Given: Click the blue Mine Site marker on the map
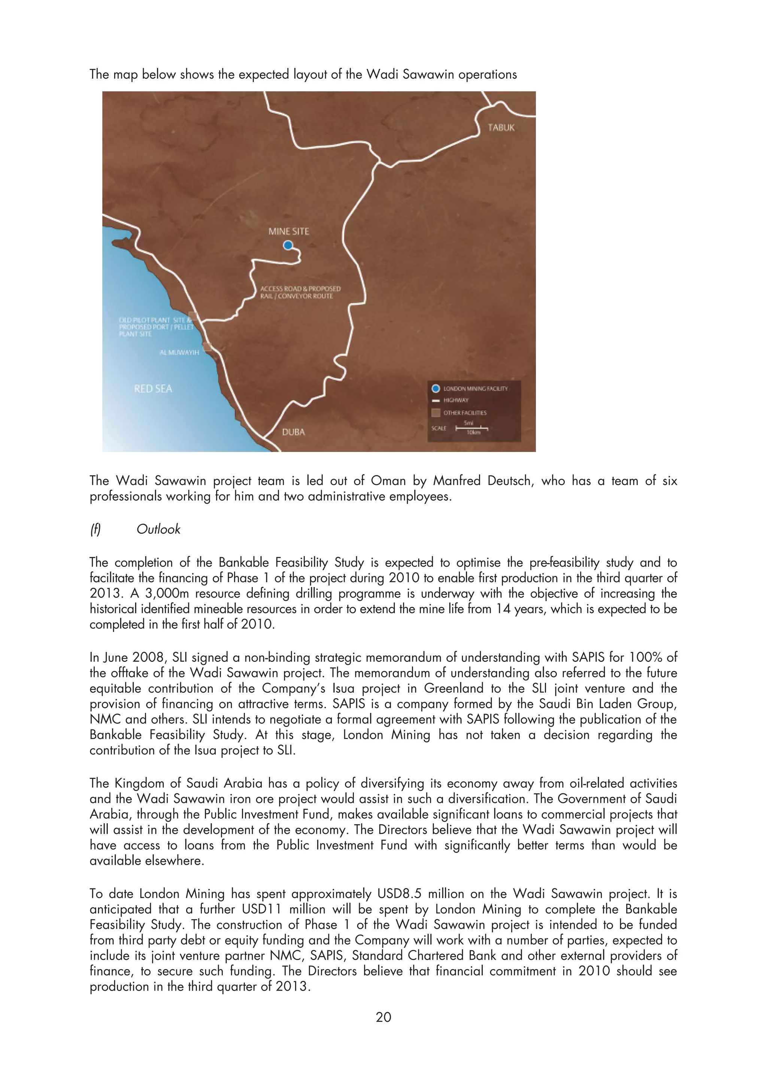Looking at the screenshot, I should point(288,245).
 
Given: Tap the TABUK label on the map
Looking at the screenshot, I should point(501,128).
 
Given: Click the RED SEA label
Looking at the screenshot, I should point(153,389).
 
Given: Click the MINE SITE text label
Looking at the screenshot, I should point(288,231).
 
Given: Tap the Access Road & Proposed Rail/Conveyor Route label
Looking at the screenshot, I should point(300,292).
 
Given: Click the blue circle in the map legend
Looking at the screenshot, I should point(436,389).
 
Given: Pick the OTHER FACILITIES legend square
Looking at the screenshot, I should point(436,413).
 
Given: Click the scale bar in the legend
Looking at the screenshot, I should point(471,428).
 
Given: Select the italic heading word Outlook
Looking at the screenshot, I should point(158,529).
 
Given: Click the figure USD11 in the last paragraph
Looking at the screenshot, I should point(261,909).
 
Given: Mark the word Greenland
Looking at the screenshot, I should point(453,688).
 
